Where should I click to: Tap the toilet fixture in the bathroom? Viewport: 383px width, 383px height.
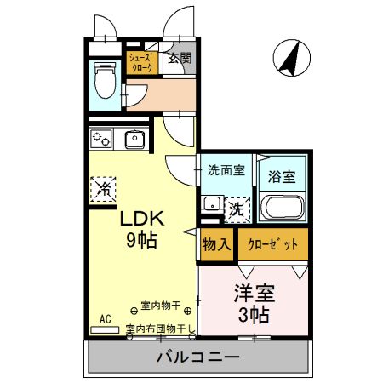click(106, 83)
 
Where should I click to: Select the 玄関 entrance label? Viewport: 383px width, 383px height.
click(179, 59)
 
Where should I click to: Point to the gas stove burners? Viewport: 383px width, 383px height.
click(102, 137)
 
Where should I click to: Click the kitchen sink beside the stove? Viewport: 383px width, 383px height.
click(134, 138)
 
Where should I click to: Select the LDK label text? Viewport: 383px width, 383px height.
click(140, 219)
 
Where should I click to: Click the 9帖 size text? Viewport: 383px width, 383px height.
click(141, 240)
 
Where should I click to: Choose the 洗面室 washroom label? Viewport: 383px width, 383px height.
click(226, 169)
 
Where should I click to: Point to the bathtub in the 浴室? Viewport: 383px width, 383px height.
click(283, 208)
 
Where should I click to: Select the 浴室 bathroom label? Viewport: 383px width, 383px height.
click(282, 177)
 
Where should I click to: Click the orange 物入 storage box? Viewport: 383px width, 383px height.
click(216, 244)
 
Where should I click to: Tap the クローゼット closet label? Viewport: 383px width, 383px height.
click(272, 244)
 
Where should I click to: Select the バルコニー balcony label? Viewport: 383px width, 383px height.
click(197, 357)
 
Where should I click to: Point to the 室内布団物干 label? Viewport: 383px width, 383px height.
click(157, 329)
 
